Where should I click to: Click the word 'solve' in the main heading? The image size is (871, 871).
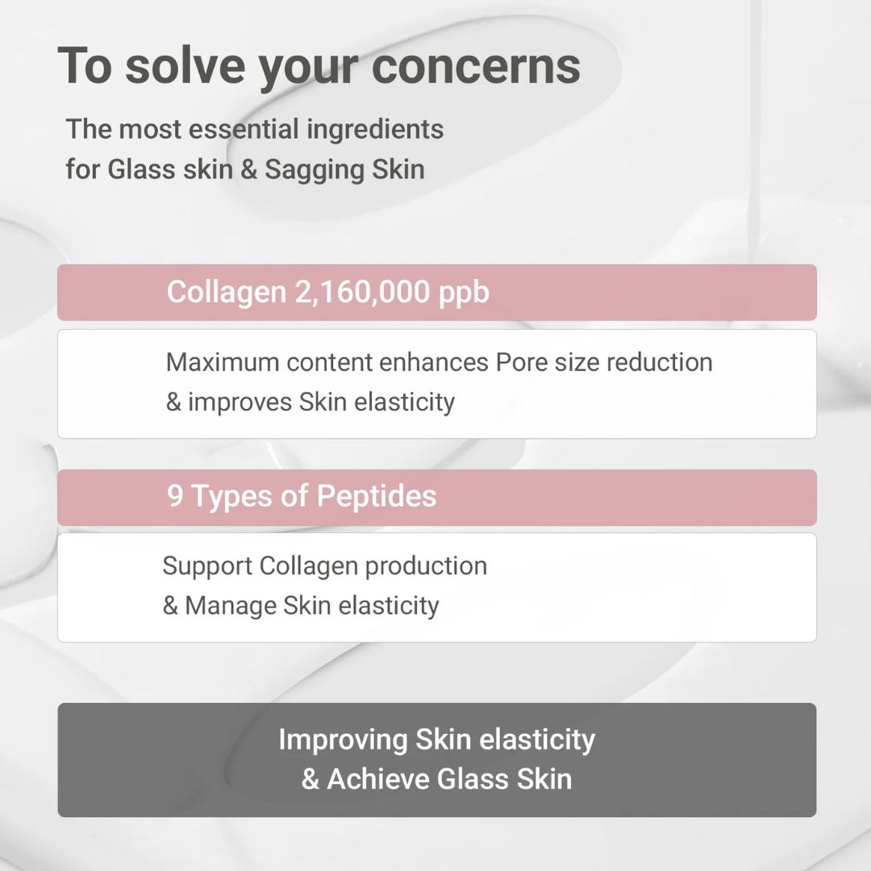(x=185, y=65)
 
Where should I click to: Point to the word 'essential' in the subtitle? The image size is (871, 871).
(x=244, y=129)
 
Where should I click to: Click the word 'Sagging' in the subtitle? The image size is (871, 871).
(x=315, y=170)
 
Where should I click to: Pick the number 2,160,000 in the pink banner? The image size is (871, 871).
(x=362, y=292)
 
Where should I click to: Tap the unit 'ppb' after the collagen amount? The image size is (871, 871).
(x=464, y=294)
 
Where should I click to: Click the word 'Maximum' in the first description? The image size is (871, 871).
(x=223, y=362)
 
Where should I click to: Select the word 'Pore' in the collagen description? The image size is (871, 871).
(x=521, y=362)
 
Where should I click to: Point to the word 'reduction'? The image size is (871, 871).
(x=660, y=362)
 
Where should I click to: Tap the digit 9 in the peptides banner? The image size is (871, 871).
(x=175, y=495)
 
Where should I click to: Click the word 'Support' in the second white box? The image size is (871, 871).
(x=207, y=567)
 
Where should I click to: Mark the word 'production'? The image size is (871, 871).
(x=426, y=567)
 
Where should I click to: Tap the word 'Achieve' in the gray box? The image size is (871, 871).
(x=378, y=779)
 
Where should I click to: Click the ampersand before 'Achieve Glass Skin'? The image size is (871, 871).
(x=310, y=779)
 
